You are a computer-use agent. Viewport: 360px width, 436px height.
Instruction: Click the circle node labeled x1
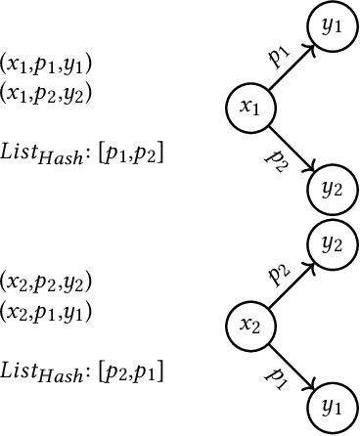tap(249, 108)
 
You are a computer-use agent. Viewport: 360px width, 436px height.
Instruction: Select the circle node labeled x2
tap(249, 324)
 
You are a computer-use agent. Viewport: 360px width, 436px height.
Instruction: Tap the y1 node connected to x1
tap(332, 26)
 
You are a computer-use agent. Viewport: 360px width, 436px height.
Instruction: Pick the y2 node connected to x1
tap(332, 187)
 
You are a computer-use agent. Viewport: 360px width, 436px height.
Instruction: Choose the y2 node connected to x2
tap(332, 242)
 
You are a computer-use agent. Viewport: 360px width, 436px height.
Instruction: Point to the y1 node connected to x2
tap(332, 404)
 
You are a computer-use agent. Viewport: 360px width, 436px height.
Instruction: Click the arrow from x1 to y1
tap(291, 67)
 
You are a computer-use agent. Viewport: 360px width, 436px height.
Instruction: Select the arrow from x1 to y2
tap(291, 148)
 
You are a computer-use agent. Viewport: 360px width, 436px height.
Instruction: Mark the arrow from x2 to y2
tap(291, 283)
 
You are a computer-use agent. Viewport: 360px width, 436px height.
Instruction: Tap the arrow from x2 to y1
tap(291, 364)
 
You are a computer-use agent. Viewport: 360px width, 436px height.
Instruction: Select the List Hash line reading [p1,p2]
tap(82, 153)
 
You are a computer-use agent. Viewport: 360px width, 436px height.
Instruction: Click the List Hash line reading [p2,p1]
tap(82, 371)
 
